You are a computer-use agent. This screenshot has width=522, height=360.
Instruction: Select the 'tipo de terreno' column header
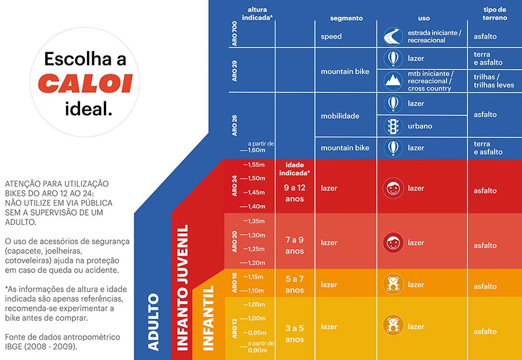coord(495,14)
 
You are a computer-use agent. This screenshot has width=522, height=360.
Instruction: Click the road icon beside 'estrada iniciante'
coord(393,37)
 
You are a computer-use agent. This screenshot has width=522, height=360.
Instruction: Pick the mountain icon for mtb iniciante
coord(393,81)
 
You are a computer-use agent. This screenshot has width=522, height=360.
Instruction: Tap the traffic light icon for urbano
coord(393,126)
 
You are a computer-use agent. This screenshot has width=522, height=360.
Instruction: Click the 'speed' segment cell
coord(331,37)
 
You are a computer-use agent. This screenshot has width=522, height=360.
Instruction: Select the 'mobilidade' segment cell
coord(340,116)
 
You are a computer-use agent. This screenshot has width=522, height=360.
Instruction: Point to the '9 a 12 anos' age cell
coord(294,193)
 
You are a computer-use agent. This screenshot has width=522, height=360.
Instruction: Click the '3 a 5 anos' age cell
coord(294,333)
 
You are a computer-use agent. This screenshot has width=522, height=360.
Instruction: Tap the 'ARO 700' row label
coord(234,35)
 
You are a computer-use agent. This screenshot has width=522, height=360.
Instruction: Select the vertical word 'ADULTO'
coord(153,322)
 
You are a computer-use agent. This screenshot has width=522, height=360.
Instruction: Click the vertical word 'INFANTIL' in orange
coord(208,318)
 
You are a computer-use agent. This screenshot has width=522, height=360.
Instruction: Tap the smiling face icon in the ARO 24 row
coord(393,188)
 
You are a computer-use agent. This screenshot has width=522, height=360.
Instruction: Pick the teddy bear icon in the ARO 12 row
coord(393,326)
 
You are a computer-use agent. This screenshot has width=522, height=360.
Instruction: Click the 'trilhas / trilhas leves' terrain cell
coord(494,81)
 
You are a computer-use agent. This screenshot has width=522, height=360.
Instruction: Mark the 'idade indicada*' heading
coord(294,169)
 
